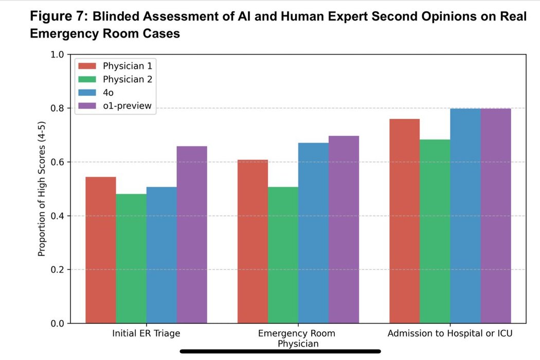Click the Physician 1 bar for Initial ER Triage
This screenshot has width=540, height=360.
click(x=100, y=250)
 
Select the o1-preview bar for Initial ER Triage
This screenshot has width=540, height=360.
click(x=192, y=235)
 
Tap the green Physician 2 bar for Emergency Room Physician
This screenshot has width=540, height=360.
click(x=283, y=255)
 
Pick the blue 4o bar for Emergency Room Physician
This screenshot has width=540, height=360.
click(x=313, y=233)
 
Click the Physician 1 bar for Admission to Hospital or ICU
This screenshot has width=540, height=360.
click(x=405, y=221)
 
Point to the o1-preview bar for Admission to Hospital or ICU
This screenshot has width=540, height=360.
click(x=496, y=216)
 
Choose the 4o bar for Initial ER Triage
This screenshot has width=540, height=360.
click(x=161, y=255)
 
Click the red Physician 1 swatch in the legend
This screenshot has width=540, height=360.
click(x=87, y=66)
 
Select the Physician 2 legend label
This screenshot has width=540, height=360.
click(x=127, y=80)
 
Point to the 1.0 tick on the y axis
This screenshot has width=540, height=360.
click(x=57, y=55)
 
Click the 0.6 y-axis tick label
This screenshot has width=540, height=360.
click(x=57, y=162)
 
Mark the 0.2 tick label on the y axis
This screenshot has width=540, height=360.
click(x=57, y=269)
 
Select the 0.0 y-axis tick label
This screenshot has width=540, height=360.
click(x=57, y=323)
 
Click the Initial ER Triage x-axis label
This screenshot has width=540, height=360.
click(x=146, y=334)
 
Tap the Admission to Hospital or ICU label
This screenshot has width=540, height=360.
click(x=450, y=334)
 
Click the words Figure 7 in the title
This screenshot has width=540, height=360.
click(x=59, y=16)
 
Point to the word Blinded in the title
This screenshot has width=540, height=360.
click(x=118, y=16)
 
